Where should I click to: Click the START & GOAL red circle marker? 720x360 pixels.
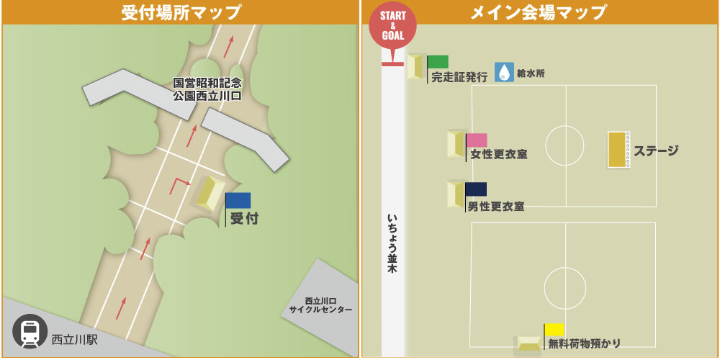(x=392, y=27)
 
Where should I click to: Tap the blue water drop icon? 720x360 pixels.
(x=504, y=72)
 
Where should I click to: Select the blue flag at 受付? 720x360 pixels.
(x=238, y=201)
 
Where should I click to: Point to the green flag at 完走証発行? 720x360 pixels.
(x=438, y=62)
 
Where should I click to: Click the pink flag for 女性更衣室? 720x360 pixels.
(x=477, y=140)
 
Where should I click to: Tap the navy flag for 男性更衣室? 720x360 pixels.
(x=476, y=189)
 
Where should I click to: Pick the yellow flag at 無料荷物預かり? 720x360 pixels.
(x=554, y=330)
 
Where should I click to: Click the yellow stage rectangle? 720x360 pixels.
(x=616, y=150)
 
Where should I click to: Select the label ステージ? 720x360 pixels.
(x=656, y=150)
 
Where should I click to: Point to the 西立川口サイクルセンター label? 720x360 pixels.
(x=321, y=305)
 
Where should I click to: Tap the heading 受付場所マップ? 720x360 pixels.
(x=181, y=12)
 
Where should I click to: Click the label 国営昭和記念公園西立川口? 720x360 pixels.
(x=207, y=89)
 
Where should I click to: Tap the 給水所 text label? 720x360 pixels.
(x=532, y=73)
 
